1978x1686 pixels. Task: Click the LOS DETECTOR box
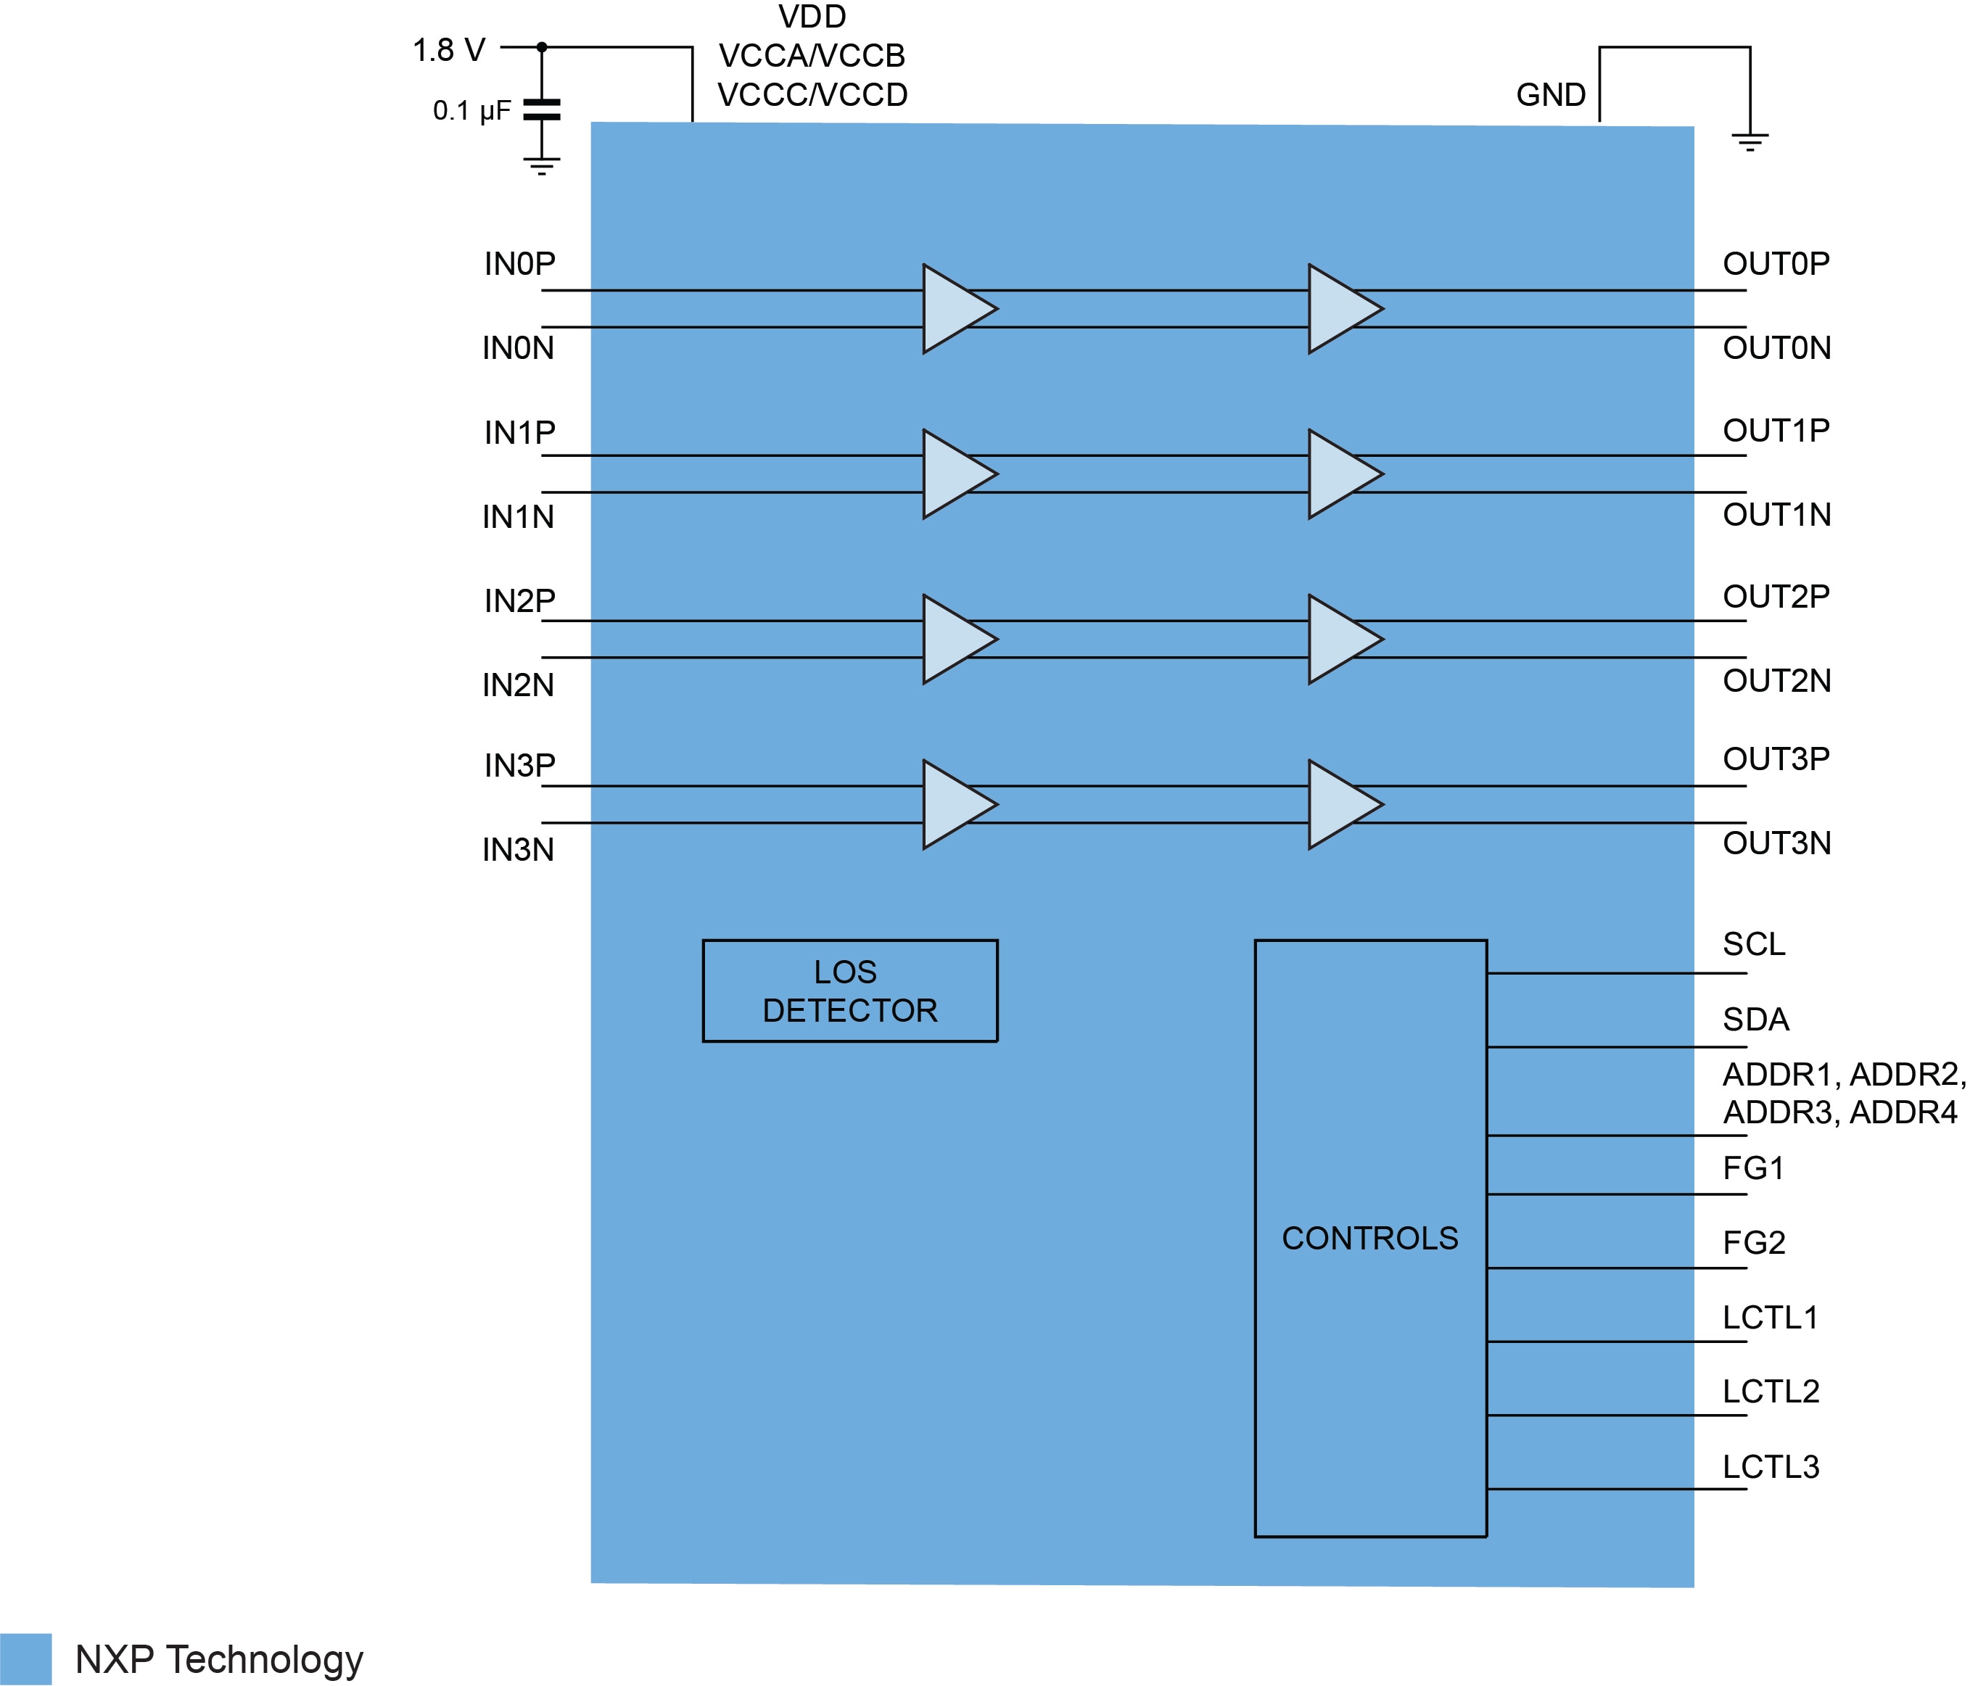(x=849, y=991)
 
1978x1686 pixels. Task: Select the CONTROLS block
(x=1370, y=1238)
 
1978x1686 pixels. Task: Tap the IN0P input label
(x=519, y=263)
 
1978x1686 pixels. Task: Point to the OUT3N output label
(x=1776, y=843)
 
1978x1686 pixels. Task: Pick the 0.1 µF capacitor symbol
(x=541, y=109)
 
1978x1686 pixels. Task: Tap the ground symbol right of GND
(x=1749, y=143)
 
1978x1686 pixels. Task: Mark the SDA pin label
(x=1755, y=1019)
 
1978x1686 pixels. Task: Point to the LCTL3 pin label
(x=1770, y=1466)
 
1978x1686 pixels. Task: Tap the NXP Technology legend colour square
(x=26, y=1659)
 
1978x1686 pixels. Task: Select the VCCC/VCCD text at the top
(x=812, y=94)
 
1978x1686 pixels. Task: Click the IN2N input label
(x=517, y=685)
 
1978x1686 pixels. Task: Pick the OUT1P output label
(x=1776, y=430)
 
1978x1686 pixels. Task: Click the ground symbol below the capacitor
(x=541, y=166)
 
